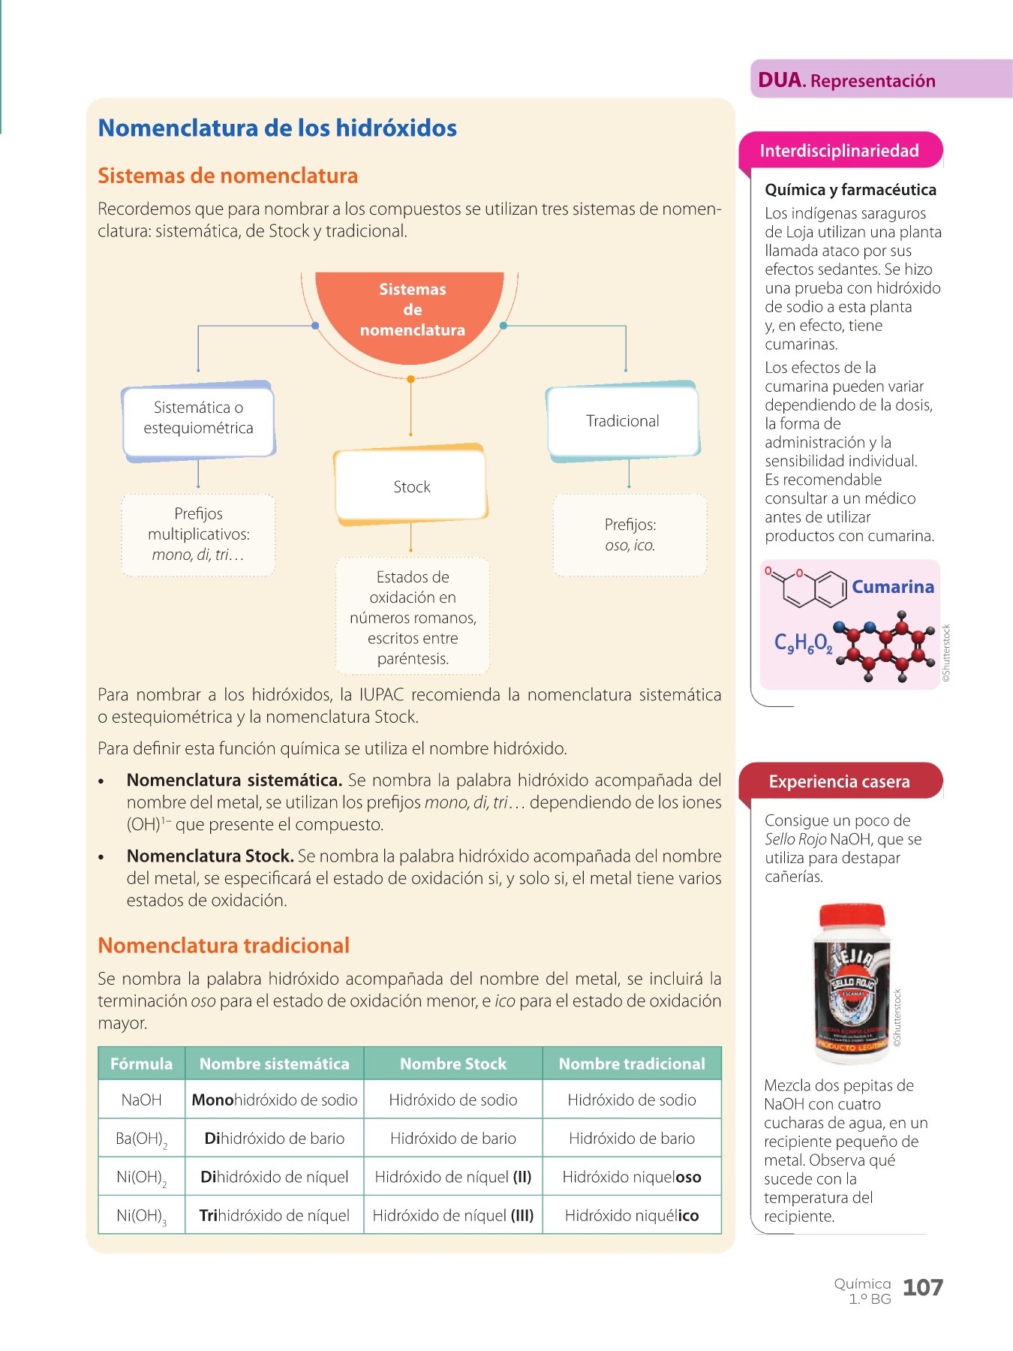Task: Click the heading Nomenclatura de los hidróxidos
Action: (x=277, y=128)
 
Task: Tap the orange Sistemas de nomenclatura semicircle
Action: (x=411, y=311)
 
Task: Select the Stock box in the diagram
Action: (x=411, y=486)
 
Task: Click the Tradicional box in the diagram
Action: (x=622, y=421)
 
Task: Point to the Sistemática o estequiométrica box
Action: (x=198, y=418)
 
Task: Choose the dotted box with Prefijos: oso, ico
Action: (x=630, y=535)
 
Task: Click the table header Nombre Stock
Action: (x=452, y=1064)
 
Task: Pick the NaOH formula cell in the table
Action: (x=141, y=1100)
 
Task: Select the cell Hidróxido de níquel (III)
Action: (x=452, y=1215)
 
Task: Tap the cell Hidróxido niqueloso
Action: (x=631, y=1177)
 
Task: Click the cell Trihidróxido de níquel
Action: (x=274, y=1215)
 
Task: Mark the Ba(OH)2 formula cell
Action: (x=141, y=1139)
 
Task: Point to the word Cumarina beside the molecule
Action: (x=892, y=587)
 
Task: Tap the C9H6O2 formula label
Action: (x=802, y=643)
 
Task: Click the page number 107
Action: (x=922, y=1288)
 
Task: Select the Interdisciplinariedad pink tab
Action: (x=839, y=151)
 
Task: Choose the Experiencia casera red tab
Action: (x=839, y=781)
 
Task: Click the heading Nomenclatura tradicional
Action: (x=224, y=946)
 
